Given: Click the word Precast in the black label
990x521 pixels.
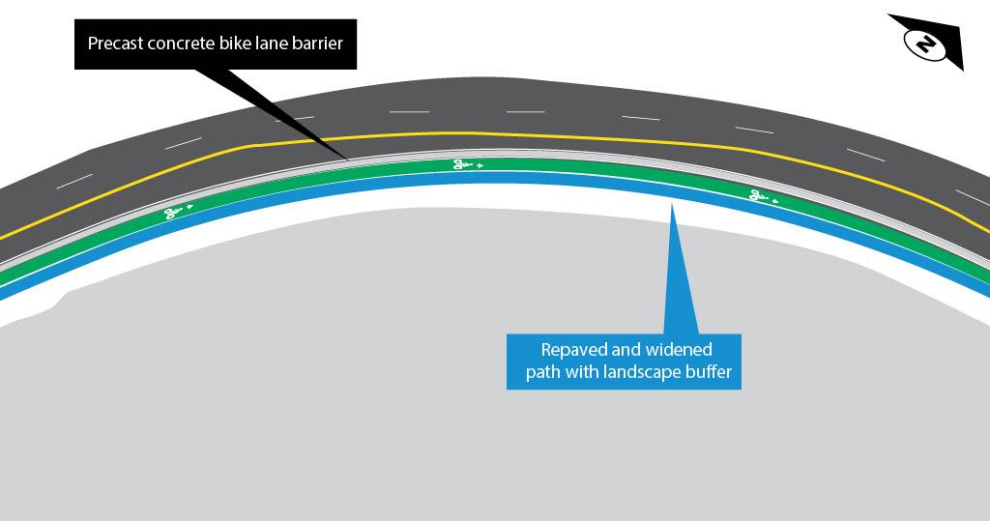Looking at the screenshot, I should [x=114, y=44].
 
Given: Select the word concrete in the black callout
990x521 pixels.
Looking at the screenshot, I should [x=182, y=44].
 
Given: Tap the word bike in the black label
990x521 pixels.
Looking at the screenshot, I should [x=236, y=44].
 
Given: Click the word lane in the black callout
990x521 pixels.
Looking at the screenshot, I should [x=272, y=44].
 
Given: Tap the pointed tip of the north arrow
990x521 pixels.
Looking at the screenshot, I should [x=963, y=69].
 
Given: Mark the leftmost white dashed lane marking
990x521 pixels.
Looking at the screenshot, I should [x=74, y=181].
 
